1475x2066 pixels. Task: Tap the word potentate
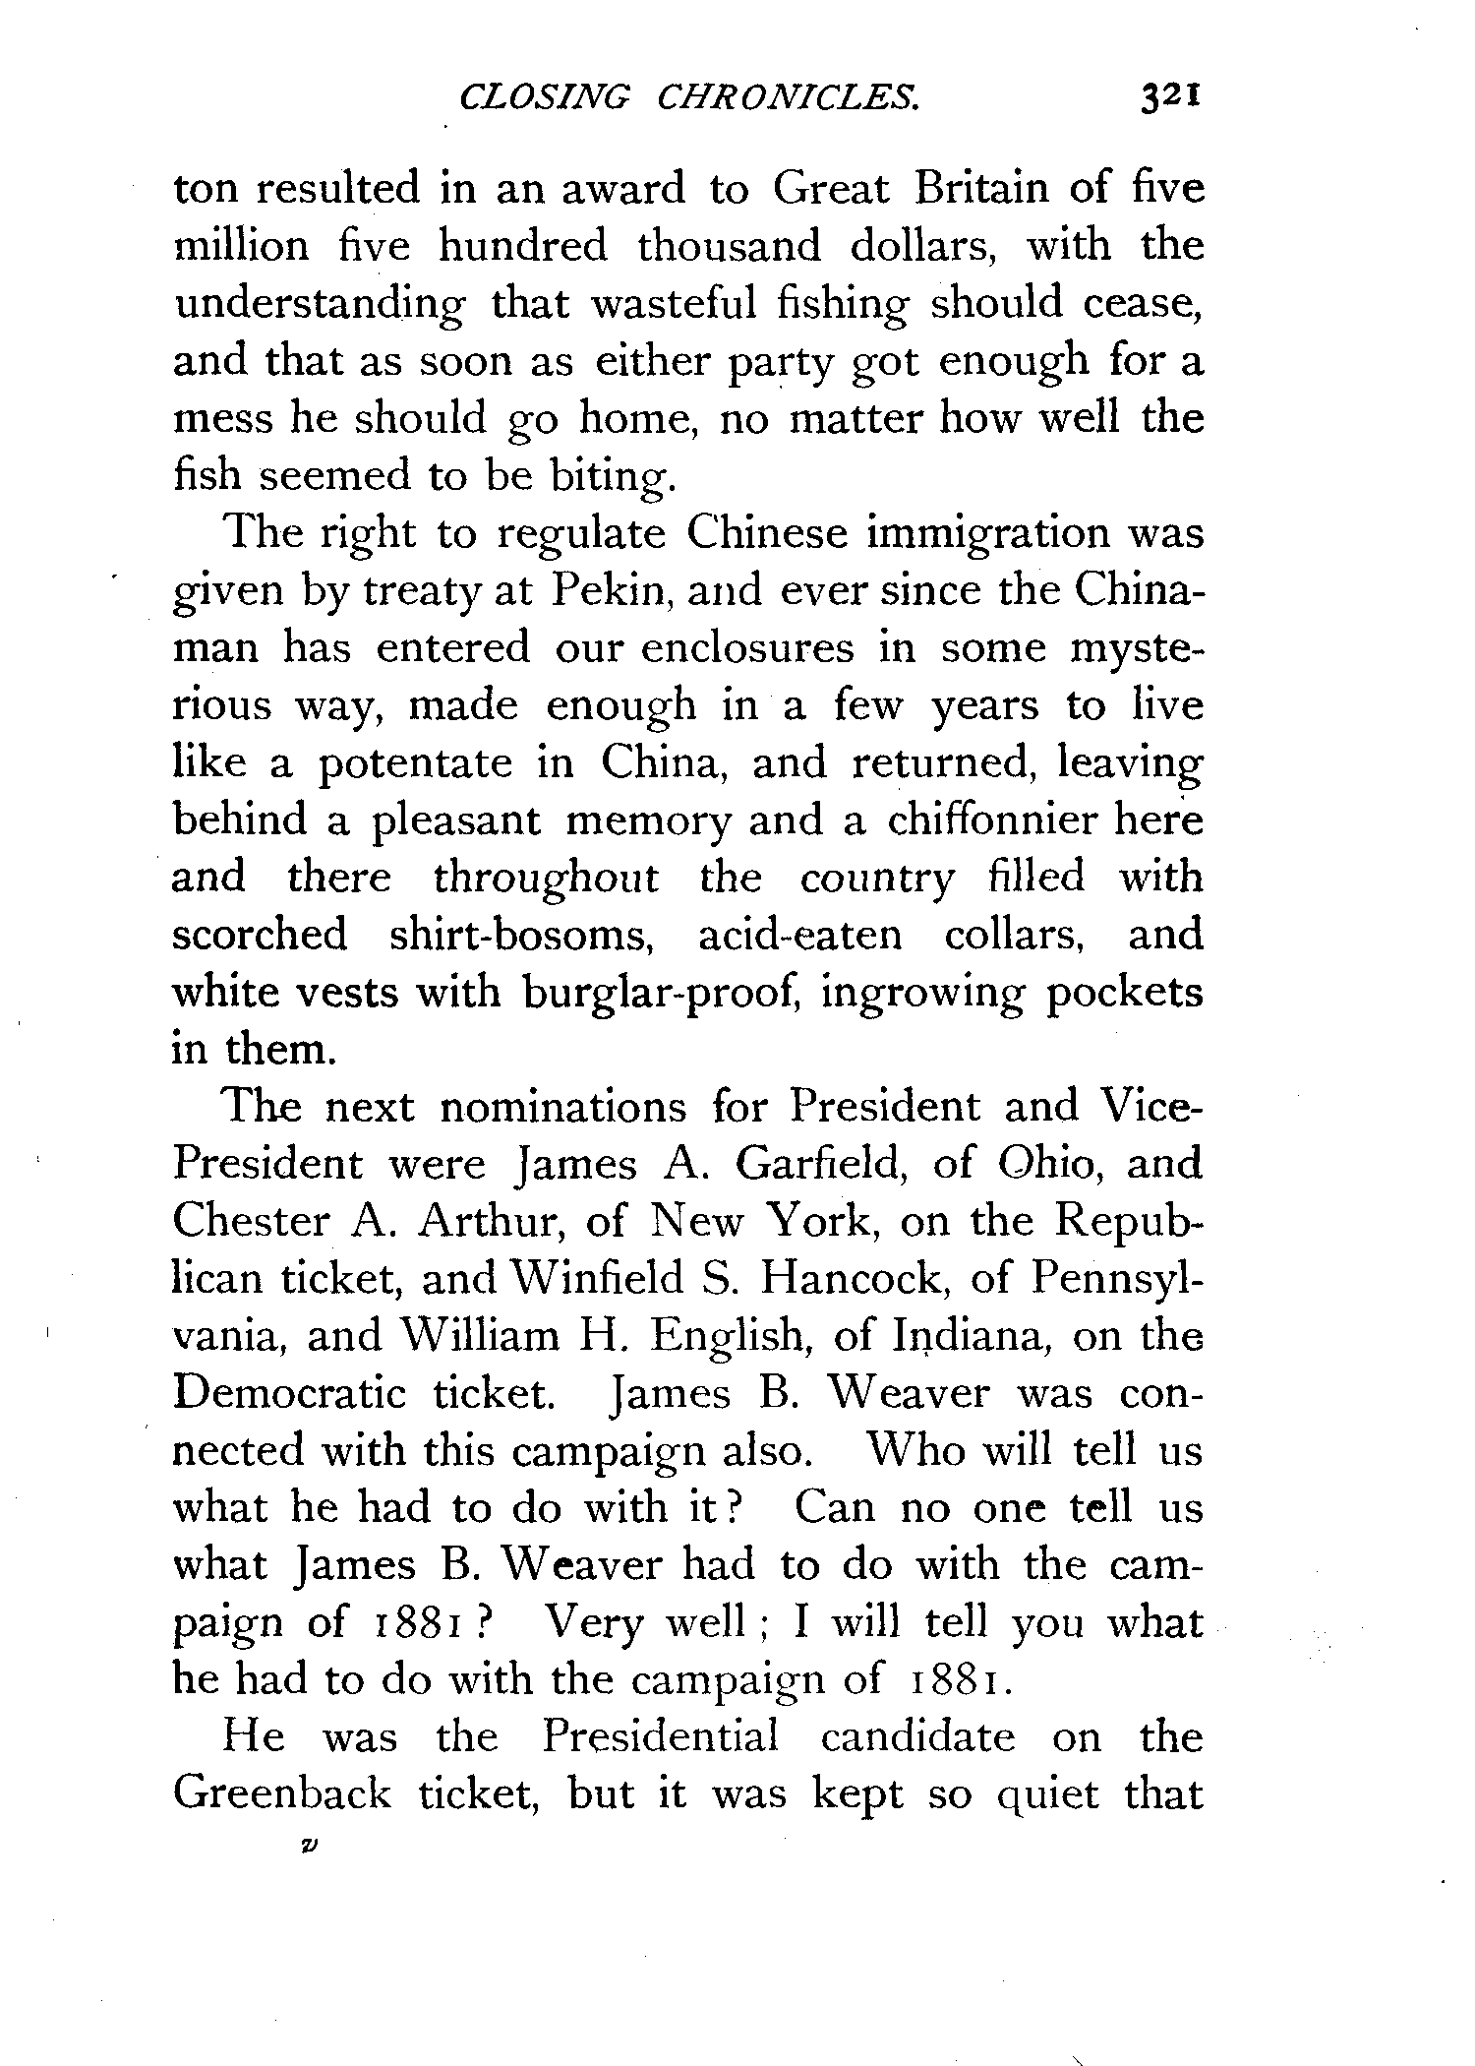click(414, 763)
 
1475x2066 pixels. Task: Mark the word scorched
click(260, 935)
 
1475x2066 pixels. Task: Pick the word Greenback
click(282, 1794)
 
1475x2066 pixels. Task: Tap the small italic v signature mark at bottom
click(309, 1849)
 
